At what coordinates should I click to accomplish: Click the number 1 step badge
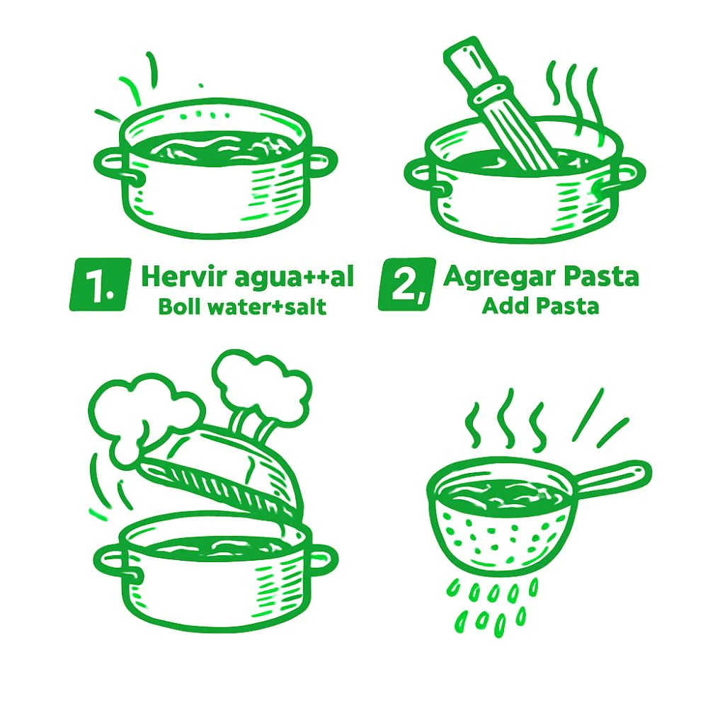pos(100,284)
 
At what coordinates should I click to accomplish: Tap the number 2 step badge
pos(407,284)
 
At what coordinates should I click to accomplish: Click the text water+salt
pos(263,307)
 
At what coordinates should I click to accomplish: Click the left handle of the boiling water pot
pos(110,165)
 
